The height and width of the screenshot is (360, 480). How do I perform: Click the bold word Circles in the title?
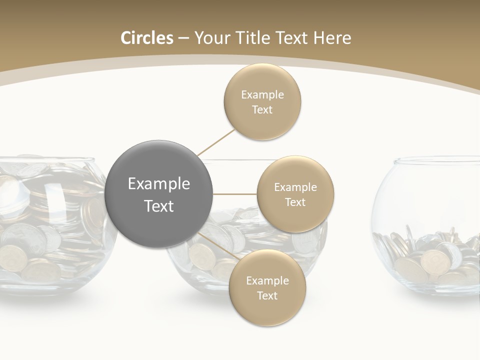[146, 38]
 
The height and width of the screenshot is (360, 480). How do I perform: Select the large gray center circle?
[159, 194]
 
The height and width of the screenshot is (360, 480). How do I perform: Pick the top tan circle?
[262, 102]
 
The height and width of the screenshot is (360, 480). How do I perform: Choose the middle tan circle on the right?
[295, 194]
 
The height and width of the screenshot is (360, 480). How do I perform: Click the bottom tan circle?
[267, 288]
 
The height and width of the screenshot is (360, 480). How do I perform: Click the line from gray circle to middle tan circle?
[235, 194]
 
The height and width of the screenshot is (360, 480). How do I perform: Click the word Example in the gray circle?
[159, 184]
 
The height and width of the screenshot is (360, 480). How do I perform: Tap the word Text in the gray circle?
[159, 206]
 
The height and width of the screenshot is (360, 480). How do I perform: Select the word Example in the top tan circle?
[262, 95]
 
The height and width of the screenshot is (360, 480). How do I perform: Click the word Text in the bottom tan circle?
[267, 295]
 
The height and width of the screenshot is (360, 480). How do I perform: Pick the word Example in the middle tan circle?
[295, 187]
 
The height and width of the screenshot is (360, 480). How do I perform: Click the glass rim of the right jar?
[435, 161]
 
